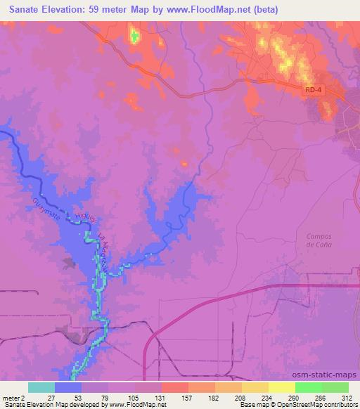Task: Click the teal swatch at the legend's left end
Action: click(41, 387)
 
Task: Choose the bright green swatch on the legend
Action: click(308, 387)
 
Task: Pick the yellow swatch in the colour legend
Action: click(281, 387)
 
